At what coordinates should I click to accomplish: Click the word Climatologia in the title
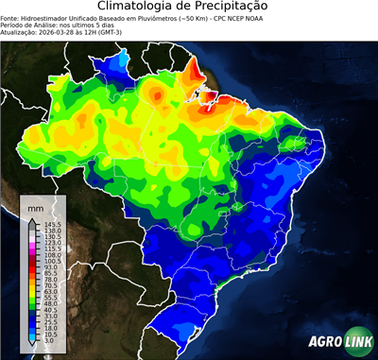[x=141, y=8]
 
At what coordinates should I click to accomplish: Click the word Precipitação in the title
[x=241, y=8]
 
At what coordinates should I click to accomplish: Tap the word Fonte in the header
[x=10, y=17]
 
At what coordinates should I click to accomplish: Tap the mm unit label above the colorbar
[x=36, y=207]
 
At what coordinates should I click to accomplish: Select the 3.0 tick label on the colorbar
[x=49, y=341]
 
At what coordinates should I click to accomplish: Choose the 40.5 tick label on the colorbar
[x=50, y=310]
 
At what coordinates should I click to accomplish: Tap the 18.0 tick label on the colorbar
[x=50, y=329]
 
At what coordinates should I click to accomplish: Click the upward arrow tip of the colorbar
[x=33, y=216]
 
